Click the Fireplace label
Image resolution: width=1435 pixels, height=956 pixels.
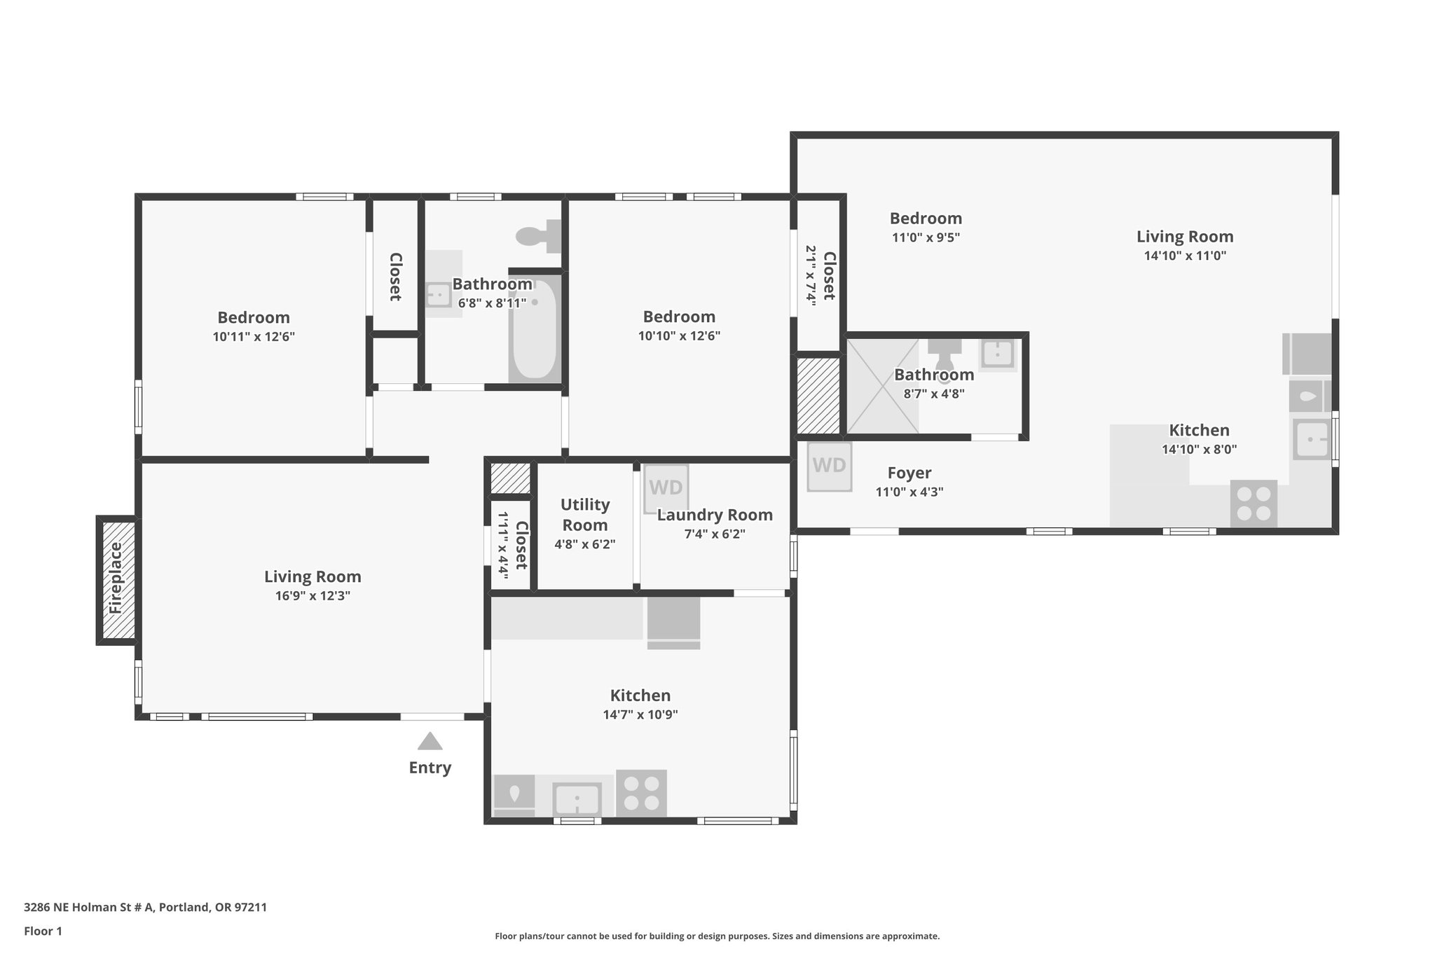116,579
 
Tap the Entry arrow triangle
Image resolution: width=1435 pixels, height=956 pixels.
430,741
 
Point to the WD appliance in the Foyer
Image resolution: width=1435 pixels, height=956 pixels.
830,466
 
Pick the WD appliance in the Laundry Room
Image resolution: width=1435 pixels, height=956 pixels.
666,487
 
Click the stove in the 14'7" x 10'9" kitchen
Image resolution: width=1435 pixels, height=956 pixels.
641,794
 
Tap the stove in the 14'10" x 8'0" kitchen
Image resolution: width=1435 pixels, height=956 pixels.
1254,504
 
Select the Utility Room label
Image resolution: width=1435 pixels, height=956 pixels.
585,515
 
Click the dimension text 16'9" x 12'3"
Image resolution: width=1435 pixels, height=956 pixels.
313,596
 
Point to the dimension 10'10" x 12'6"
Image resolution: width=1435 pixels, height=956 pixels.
679,335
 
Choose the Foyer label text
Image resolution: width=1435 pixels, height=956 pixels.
909,473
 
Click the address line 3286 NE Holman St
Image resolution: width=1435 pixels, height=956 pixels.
145,907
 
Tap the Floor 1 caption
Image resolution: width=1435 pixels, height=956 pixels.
43,931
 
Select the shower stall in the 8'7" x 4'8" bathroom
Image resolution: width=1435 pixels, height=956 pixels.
882,386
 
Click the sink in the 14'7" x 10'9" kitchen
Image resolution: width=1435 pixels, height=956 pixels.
577,799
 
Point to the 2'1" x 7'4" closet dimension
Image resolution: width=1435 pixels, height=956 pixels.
811,275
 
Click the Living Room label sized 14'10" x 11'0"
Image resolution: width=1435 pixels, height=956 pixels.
1185,237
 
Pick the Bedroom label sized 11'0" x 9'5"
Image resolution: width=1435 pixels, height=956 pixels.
926,219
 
